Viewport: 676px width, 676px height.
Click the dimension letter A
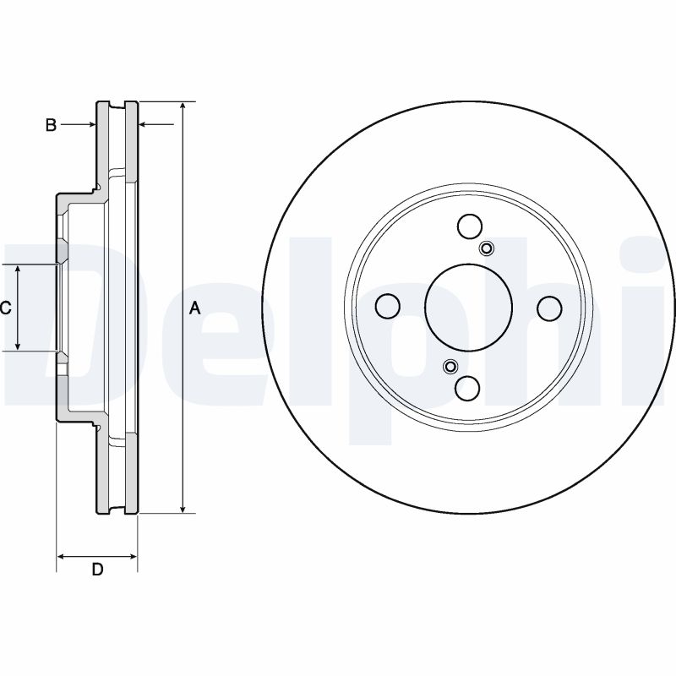pyautogui.click(x=194, y=309)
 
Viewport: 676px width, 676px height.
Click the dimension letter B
pyautogui.click(x=51, y=125)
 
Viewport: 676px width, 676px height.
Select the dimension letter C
pyautogui.click(x=4, y=308)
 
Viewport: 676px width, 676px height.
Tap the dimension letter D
pyautogui.click(x=97, y=570)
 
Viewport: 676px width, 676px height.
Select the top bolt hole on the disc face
pyautogui.click(x=470, y=226)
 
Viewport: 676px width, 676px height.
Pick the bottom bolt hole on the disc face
pyautogui.click(x=468, y=388)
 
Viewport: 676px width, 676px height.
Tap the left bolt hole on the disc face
pyautogui.click(x=387, y=307)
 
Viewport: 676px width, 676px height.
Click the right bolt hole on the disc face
pyautogui.click(x=550, y=308)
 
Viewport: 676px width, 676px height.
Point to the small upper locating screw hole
pyautogui.click(x=487, y=248)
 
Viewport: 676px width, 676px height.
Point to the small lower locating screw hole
pyautogui.click(x=450, y=366)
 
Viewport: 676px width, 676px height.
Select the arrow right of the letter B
pyautogui.click(x=90, y=125)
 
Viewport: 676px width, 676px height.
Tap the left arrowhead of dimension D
pyautogui.click(x=61, y=556)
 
